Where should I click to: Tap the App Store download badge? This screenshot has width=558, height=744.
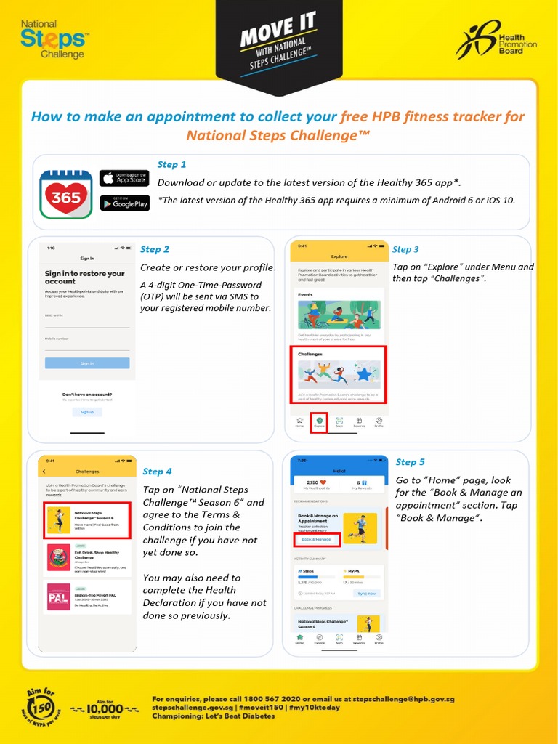click(x=124, y=178)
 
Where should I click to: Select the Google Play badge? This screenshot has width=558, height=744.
click(x=124, y=203)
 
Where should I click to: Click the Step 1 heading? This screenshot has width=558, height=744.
click(x=172, y=164)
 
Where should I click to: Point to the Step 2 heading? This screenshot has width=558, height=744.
click(x=155, y=249)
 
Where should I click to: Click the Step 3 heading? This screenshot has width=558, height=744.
click(x=405, y=249)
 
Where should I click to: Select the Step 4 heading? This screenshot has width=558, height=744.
click(x=158, y=472)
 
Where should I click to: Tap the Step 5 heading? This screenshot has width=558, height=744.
click(x=410, y=462)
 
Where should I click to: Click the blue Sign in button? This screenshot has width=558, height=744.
click(x=87, y=363)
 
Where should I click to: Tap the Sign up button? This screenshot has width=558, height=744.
click(x=87, y=412)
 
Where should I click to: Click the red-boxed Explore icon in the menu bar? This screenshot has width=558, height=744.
click(x=319, y=422)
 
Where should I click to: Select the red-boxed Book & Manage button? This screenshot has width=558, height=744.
click(x=317, y=539)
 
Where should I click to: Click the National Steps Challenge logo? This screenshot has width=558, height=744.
click(x=53, y=40)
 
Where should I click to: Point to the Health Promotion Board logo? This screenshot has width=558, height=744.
click(x=496, y=39)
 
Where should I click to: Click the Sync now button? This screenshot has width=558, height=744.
click(x=367, y=593)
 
